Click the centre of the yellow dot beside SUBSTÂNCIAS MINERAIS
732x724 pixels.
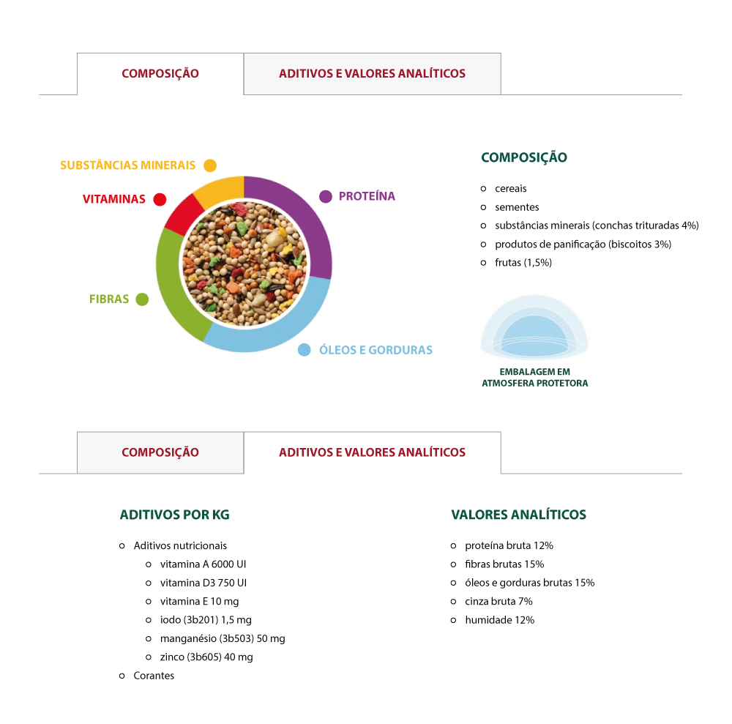pos(210,165)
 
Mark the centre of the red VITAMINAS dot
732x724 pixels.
pos(160,199)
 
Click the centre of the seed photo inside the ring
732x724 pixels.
pos(244,264)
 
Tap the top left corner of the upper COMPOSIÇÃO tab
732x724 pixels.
pos(77,53)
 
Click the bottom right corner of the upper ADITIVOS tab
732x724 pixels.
pos(501,94)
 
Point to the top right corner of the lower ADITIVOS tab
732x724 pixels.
pos(501,432)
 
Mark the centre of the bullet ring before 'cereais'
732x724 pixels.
pos(483,189)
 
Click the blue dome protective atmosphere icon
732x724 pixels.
pos(534,326)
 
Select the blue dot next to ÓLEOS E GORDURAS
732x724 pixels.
pos(305,350)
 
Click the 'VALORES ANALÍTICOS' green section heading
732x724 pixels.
pos(519,515)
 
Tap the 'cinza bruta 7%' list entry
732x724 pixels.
pos(498,601)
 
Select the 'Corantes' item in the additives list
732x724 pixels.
pos(154,676)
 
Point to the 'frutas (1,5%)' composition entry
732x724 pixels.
pos(523,263)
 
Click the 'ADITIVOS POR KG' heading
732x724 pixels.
pos(175,515)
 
